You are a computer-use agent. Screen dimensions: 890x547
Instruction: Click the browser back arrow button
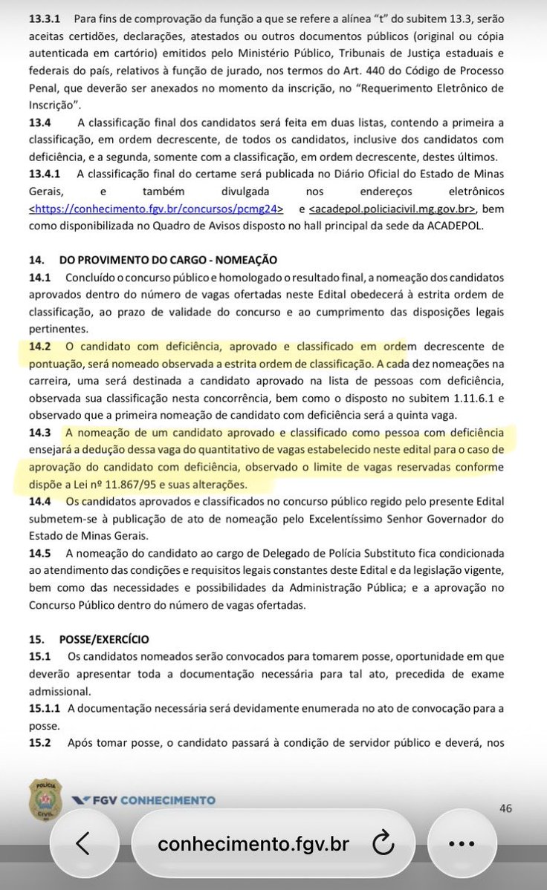click(82, 842)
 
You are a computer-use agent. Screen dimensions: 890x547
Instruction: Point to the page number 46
click(506, 808)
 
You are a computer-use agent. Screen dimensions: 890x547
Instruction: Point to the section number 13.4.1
click(45, 172)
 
